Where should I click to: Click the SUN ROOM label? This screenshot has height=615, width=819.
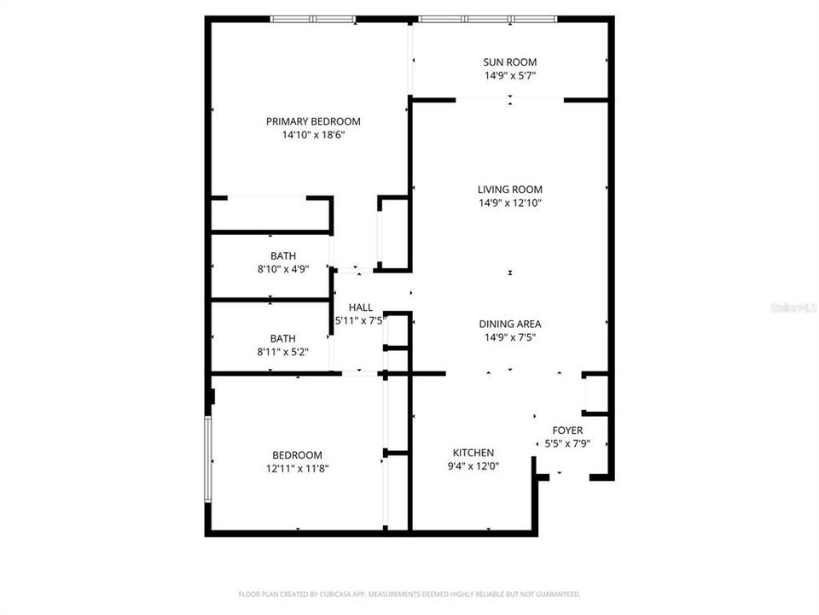(x=509, y=61)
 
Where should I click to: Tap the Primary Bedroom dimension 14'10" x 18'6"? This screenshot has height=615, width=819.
(x=312, y=135)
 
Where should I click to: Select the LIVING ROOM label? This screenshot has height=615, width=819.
(x=509, y=190)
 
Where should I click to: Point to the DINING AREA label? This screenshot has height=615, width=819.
(x=509, y=324)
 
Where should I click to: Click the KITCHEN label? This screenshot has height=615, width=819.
(x=473, y=453)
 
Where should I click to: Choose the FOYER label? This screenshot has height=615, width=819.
(x=567, y=430)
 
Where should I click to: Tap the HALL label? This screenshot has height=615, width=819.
(x=360, y=307)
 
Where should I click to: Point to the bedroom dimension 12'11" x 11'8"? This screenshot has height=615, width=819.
(x=297, y=468)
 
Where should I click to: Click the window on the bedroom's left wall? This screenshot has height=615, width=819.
(x=206, y=460)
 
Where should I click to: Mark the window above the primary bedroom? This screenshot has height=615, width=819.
(x=313, y=19)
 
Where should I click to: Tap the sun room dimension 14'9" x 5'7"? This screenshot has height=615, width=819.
(x=509, y=75)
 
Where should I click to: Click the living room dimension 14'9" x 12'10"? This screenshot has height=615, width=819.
(x=509, y=203)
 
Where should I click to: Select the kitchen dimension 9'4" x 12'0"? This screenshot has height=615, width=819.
(x=473, y=466)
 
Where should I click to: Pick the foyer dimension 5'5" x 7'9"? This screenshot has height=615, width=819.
(x=567, y=444)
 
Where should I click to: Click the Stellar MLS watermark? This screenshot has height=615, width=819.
(x=793, y=305)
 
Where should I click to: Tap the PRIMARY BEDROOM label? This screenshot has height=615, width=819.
(x=312, y=121)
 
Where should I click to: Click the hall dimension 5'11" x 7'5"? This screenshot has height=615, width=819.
(x=360, y=321)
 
